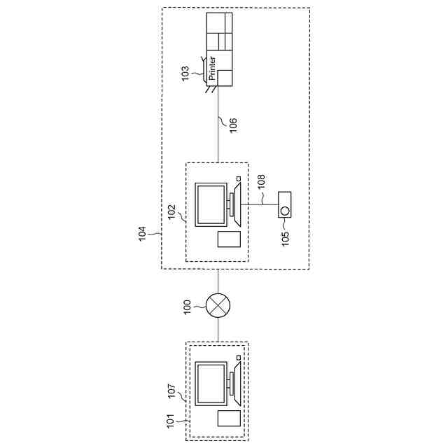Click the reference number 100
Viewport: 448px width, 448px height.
pyautogui.click(x=187, y=307)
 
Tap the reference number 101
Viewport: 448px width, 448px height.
pyautogui.click(x=170, y=421)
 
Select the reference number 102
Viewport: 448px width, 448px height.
pyautogui.click(x=170, y=212)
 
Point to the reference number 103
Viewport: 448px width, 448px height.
pyautogui.click(x=185, y=73)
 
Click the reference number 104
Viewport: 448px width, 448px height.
pyautogui.click(x=142, y=233)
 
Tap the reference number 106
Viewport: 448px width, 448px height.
pyautogui.click(x=233, y=125)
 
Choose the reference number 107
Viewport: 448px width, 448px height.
pyautogui.click(x=171, y=390)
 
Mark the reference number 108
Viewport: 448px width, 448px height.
pyautogui.click(x=261, y=183)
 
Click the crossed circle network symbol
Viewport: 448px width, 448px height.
pyautogui.click(x=216, y=307)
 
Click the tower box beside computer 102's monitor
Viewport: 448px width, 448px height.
pyautogui.click(x=228, y=239)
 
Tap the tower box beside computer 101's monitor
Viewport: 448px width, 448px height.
pyautogui.click(x=228, y=419)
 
